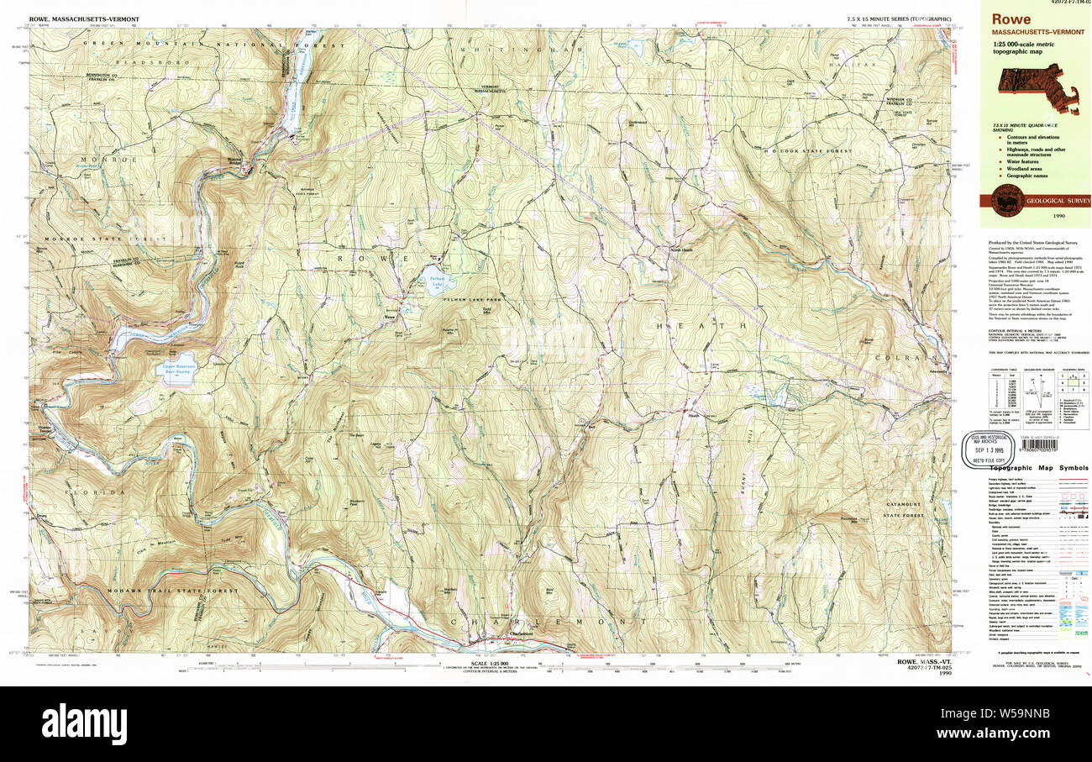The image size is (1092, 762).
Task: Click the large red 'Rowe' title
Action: [x=1012, y=19]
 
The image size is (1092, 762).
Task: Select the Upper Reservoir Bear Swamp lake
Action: [x=177, y=371]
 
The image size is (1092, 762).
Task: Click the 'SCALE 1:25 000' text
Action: [x=475, y=665]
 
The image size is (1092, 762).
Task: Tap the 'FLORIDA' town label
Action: [x=108, y=491]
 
